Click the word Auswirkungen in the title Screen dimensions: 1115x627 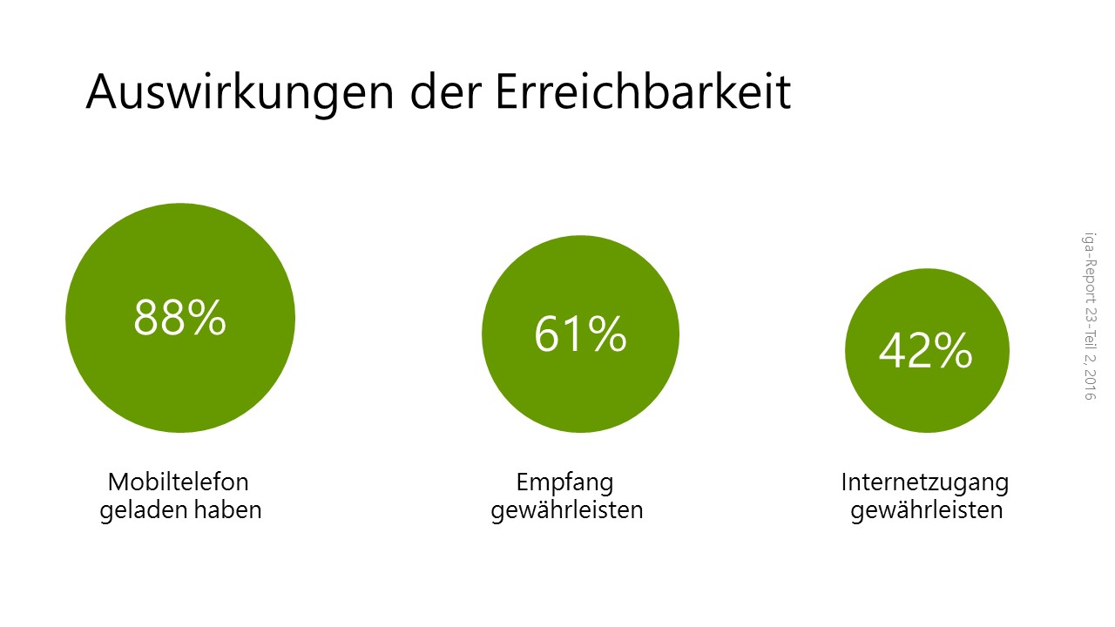click(240, 92)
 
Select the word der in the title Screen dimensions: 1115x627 click(446, 91)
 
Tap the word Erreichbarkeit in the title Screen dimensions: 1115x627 click(643, 91)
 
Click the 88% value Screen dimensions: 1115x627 click(179, 318)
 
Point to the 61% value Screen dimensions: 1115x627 click(580, 334)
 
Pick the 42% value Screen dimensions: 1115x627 click(926, 350)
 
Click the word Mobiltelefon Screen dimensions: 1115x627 click(179, 482)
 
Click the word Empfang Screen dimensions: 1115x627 click(565, 482)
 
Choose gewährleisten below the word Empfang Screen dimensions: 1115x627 click(567, 510)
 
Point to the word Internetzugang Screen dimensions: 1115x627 click(925, 482)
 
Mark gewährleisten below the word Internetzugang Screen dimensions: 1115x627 click(926, 510)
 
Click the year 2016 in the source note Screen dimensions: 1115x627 click(1090, 385)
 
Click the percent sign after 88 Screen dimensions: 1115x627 click(207, 318)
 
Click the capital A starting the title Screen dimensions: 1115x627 click(104, 91)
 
